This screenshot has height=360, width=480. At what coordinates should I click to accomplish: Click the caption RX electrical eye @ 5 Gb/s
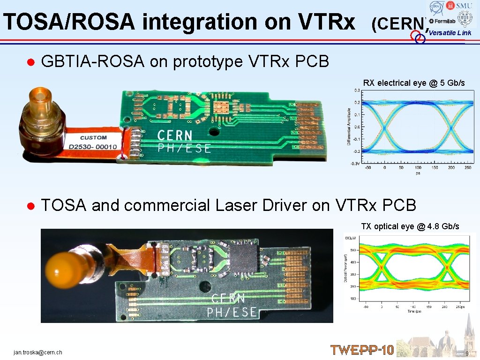414,83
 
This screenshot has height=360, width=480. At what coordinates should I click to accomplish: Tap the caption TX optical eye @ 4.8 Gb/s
410,226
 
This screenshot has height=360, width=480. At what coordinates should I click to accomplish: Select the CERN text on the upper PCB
174,136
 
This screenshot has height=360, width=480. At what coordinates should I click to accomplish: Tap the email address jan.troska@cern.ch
38,352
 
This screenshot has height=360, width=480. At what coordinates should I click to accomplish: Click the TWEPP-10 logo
362,350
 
